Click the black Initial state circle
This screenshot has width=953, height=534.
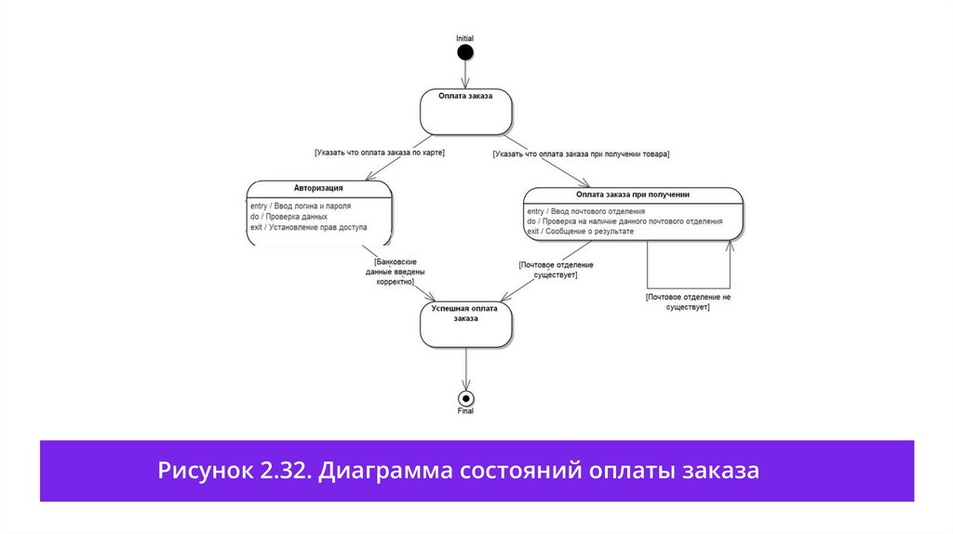[465, 51]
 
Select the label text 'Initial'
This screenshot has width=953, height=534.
[465, 38]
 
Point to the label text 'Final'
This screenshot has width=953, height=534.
[466, 411]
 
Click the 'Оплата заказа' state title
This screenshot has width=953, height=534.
[465, 95]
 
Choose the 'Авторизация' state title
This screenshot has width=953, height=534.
[318, 188]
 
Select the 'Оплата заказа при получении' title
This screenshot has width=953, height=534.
[632, 194]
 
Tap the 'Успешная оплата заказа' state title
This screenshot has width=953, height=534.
[465, 313]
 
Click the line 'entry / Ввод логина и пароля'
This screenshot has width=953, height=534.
[301, 206]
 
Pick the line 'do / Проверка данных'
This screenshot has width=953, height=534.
[288, 216]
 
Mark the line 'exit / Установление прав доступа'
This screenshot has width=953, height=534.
[308, 226]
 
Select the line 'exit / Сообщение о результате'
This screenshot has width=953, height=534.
[580, 231]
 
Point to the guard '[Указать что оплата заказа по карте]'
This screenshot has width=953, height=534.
[379, 153]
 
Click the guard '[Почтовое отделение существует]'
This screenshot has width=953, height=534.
[557, 270]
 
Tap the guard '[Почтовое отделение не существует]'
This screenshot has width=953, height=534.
[688, 301]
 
